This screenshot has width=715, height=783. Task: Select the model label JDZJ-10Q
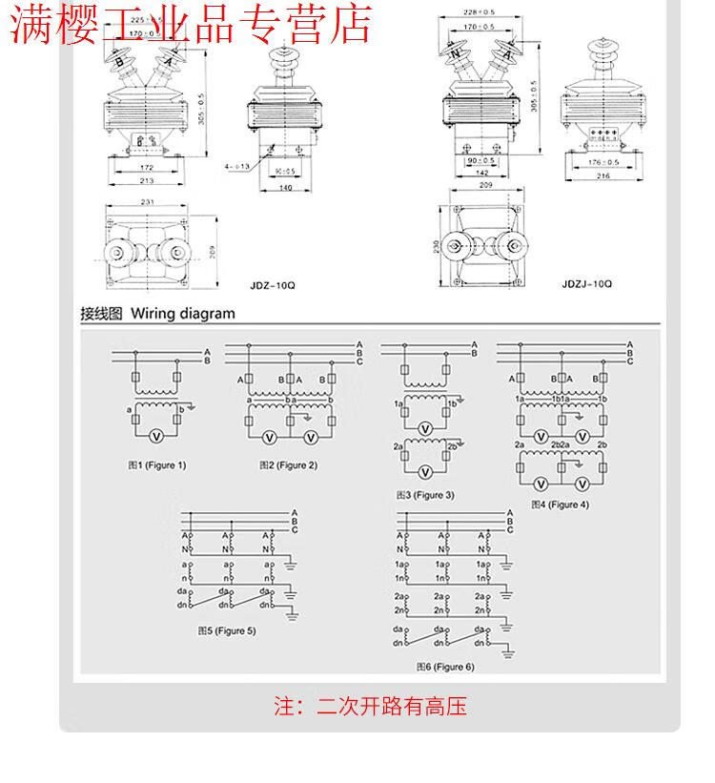pos(587,283)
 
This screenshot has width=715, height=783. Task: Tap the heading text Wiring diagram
pos(182,313)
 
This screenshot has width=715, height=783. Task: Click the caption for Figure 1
pos(157,465)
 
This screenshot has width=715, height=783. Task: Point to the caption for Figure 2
pos(289,465)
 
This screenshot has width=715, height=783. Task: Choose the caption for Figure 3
pos(425,495)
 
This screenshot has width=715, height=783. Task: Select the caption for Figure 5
pos(227,630)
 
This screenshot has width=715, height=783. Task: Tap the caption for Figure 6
pos(445,667)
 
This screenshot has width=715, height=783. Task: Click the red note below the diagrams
pos(371,707)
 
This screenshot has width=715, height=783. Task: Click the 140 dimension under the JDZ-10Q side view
pos(285,188)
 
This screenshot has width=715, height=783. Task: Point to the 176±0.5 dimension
pos(603,162)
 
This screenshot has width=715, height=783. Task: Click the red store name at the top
pos(191,26)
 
